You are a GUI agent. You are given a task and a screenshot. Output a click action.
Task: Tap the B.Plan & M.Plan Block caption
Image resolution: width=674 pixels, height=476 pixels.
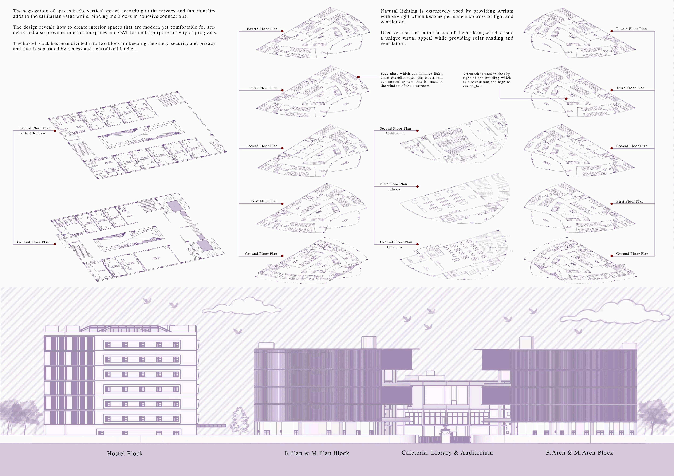tap(317, 453)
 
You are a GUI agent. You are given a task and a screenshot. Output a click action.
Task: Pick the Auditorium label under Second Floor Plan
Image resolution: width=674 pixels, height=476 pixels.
tap(395, 133)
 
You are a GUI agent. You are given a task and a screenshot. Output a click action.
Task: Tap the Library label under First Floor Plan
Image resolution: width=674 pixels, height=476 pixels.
tap(394, 189)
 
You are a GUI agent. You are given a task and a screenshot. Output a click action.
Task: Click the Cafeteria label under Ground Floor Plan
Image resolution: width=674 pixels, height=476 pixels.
tap(394, 247)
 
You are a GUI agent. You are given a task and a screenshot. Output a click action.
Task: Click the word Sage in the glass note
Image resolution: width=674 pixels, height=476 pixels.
tap(384, 74)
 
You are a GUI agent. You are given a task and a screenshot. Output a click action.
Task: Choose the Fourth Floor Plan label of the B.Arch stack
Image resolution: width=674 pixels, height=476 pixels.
tap(631, 29)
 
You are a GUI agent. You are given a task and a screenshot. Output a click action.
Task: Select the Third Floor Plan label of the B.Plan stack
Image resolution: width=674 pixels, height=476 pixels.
tap(263, 88)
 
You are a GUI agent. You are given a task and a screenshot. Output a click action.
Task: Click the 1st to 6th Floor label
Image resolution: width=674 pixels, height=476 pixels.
tap(32, 133)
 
